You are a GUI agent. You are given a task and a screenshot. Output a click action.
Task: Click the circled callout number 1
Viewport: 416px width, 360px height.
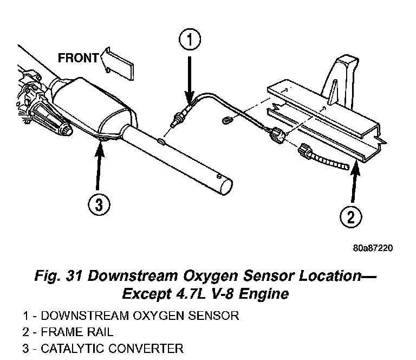[x=190, y=39]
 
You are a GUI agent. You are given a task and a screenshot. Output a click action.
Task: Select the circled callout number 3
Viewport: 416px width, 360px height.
[x=99, y=205]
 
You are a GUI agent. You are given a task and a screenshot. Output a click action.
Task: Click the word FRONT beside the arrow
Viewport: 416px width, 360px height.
[x=78, y=57]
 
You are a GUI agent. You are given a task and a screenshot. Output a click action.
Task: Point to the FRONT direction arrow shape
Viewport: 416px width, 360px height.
[x=117, y=63]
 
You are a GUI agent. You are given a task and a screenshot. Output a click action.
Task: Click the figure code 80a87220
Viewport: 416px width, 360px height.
[x=373, y=248]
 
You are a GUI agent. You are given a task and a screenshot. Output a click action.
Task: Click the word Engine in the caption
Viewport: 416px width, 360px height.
[x=264, y=294]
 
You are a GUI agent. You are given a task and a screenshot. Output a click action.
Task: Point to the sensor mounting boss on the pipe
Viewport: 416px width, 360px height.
[x=161, y=141]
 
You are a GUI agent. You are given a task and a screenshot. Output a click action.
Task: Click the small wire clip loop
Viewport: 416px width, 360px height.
[x=227, y=121]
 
